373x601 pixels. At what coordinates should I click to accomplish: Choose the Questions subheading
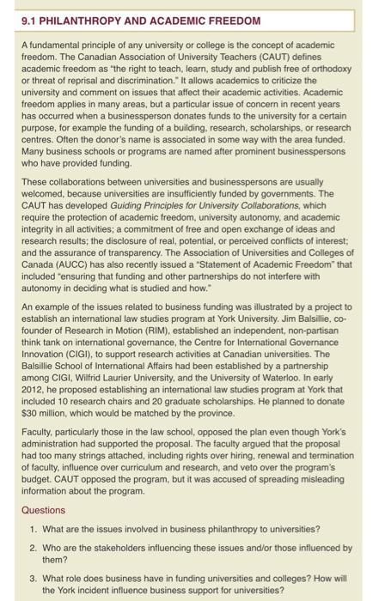(43, 509)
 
